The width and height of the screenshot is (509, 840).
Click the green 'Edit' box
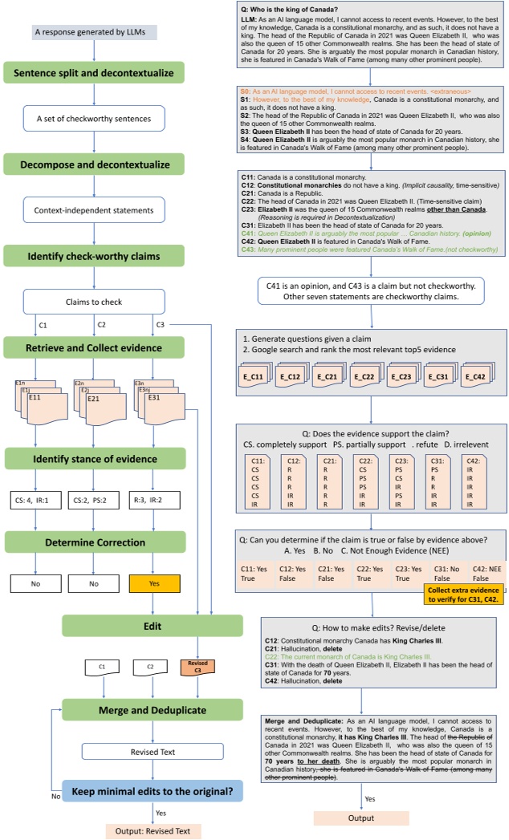[x=153, y=626]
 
